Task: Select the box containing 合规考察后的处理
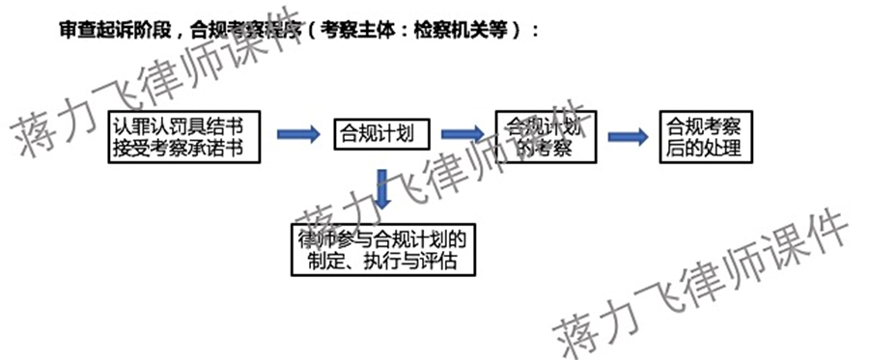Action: tap(704, 137)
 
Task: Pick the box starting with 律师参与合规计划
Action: tap(384, 249)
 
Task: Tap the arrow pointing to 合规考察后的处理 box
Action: tap(628, 136)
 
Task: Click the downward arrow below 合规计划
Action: tap(383, 189)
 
